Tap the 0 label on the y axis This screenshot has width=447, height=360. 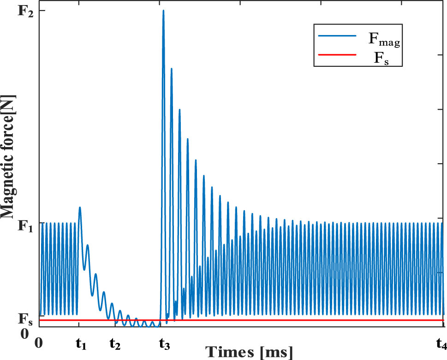point(25,333)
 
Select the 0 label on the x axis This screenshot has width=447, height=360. point(40,342)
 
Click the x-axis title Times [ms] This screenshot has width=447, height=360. point(249,352)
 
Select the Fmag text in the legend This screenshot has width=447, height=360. point(383,40)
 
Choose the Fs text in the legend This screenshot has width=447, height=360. point(381,58)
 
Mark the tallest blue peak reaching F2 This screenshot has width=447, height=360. point(163,11)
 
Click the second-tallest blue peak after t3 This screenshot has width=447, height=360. point(171,69)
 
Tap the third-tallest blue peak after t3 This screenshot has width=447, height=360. point(179,110)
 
